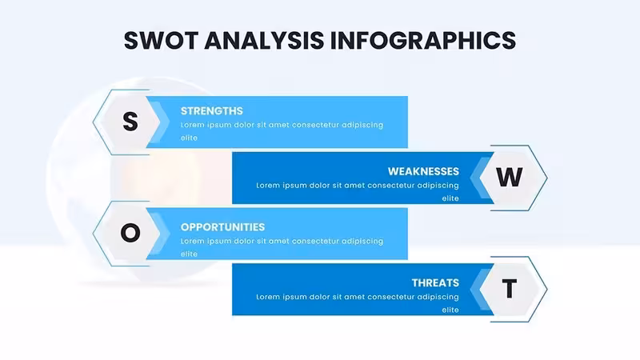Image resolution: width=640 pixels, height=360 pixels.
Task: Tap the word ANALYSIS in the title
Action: [x=264, y=41]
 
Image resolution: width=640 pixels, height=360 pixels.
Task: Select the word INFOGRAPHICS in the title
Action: [x=423, y=41]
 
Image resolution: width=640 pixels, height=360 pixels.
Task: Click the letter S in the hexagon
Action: [x=130, y=122]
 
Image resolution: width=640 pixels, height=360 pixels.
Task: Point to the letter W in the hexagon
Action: [x=509, y=177]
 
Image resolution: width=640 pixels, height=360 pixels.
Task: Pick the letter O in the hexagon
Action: [x=130, y=233]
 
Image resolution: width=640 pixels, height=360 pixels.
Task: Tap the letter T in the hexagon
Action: [x=509, y=289]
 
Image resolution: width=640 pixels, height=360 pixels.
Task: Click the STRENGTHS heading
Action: [x=212, y=111]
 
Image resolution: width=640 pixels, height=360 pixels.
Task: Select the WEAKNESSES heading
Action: [x=423, y=171]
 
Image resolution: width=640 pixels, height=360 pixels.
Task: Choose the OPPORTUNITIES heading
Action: [x=223, y=227]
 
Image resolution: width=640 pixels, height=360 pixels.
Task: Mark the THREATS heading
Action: [x=435, y=283]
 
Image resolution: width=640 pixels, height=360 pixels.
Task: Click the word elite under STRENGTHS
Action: [x=189, y=138]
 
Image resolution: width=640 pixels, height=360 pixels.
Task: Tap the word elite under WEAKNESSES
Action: [x=450, y=198]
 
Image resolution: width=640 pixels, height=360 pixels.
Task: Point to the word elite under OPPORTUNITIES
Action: [x=189, y=254]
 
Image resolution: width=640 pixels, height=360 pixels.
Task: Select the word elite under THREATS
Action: [x=450, y=310]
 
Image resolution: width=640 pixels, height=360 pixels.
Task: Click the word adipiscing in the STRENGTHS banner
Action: [x=362, y=126]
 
